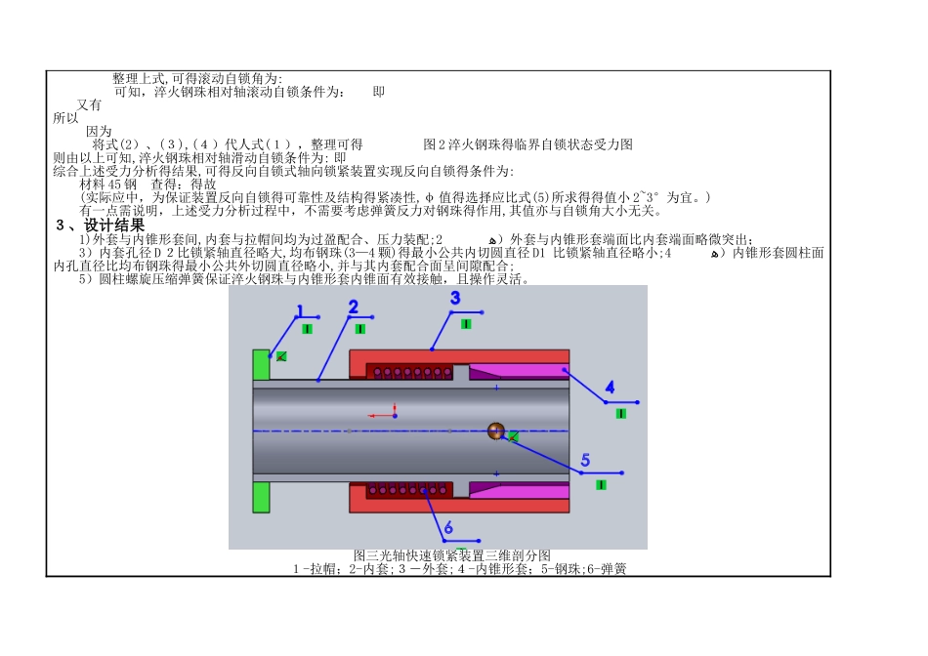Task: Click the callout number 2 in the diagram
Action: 353,307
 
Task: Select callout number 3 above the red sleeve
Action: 455,298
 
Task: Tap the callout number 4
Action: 610,389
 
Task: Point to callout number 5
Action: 585,460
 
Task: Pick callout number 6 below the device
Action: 448,528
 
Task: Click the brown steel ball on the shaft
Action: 496,431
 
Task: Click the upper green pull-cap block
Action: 261,364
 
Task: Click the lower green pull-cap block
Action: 261,497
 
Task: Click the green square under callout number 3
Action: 466,323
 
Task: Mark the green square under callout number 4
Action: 620,413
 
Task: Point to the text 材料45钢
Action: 107,184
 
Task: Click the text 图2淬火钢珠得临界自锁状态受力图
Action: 527,144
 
